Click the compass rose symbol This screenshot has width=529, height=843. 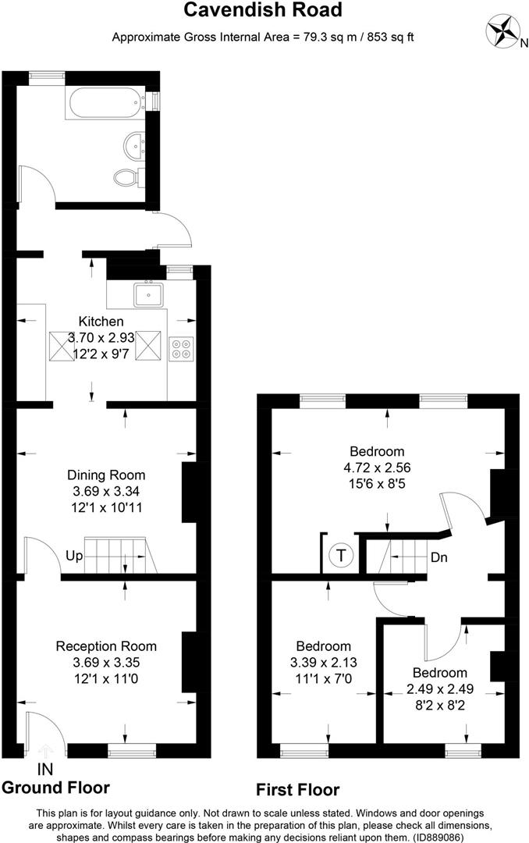point(501,31)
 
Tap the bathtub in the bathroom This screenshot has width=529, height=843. point(105,103)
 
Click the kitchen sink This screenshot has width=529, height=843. point(149,294)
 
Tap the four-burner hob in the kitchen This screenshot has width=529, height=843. point(181,348)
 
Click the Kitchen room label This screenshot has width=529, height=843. point(101,322)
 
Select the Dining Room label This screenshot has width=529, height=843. point(106,475)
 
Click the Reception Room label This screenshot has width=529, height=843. point(106,646)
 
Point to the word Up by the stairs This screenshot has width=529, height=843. point(74,556)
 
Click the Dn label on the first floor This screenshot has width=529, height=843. point(439,557)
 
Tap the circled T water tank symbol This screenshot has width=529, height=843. point(341,554)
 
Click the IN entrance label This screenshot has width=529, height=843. point(46,770)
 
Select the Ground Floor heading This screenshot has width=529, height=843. point(56,788)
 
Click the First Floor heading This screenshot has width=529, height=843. point(298,790)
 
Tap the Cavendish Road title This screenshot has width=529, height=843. point(263,9)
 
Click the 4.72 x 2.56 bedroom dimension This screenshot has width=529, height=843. point(377,468)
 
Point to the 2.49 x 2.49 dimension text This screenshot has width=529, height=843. point(440,688)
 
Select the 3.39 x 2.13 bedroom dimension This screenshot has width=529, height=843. point(324,663)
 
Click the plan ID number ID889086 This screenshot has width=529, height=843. point(438,837)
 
